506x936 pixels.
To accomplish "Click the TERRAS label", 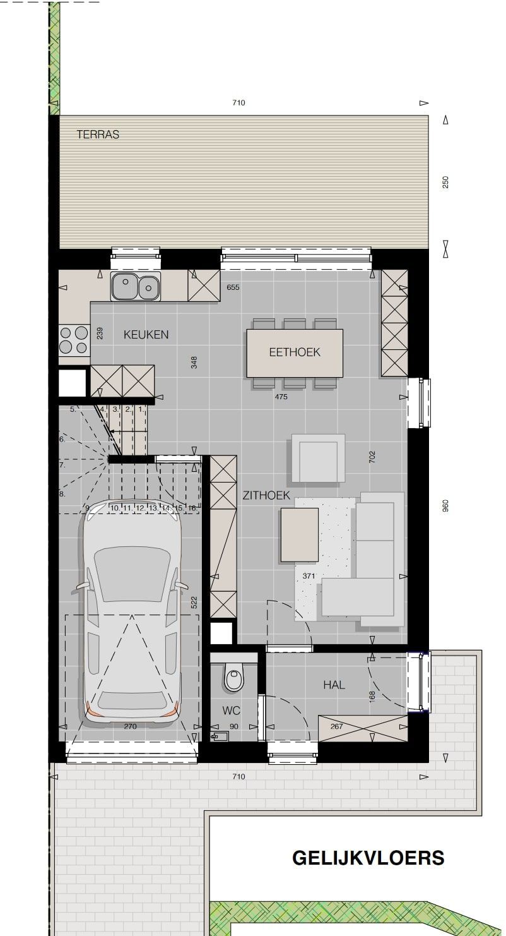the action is click(x=98, y=135).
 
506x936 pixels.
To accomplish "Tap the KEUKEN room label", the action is click(x=146, y=335).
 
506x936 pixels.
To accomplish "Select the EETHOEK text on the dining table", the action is click(x=295, y=352).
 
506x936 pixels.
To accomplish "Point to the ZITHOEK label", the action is click(x=266, y=496).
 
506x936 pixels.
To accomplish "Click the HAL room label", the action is click(x=334, y=685).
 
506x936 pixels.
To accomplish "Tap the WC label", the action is click(x=231, y=711).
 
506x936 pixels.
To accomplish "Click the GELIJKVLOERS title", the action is click(x=368, y=858).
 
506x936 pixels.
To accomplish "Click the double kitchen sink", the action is click(x=135, y=286).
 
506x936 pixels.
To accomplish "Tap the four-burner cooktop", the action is click(x=74, y=340).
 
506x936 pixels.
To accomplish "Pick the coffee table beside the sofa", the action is click(x=300, y=535).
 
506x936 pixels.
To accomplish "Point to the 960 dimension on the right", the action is click(x=445, y=506).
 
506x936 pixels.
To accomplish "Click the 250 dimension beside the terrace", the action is click(x=445, y=182).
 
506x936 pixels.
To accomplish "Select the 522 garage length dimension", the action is click(x=194, y=603).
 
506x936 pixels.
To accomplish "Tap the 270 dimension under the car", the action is click(x=130, y=726).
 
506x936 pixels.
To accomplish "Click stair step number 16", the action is click(x=192, y=508).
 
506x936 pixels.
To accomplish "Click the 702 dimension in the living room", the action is click(x=372, y=457).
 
